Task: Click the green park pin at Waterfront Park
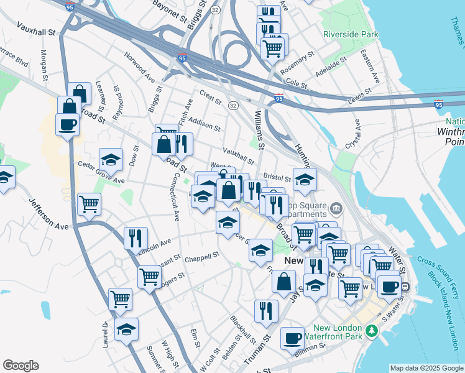(x=372, y=329)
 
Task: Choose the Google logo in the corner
(x=21, y=366)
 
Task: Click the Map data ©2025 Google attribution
(x=426, y=368)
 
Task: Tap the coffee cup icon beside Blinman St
(x=292, y=339)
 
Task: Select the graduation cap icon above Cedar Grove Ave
(x=111, y=160)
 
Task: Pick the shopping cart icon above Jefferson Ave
(x=90, y=204)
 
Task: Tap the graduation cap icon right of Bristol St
(x=305, y=180)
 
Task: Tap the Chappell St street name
(x=203, y=256)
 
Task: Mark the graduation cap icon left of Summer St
(x=126, y=329)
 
